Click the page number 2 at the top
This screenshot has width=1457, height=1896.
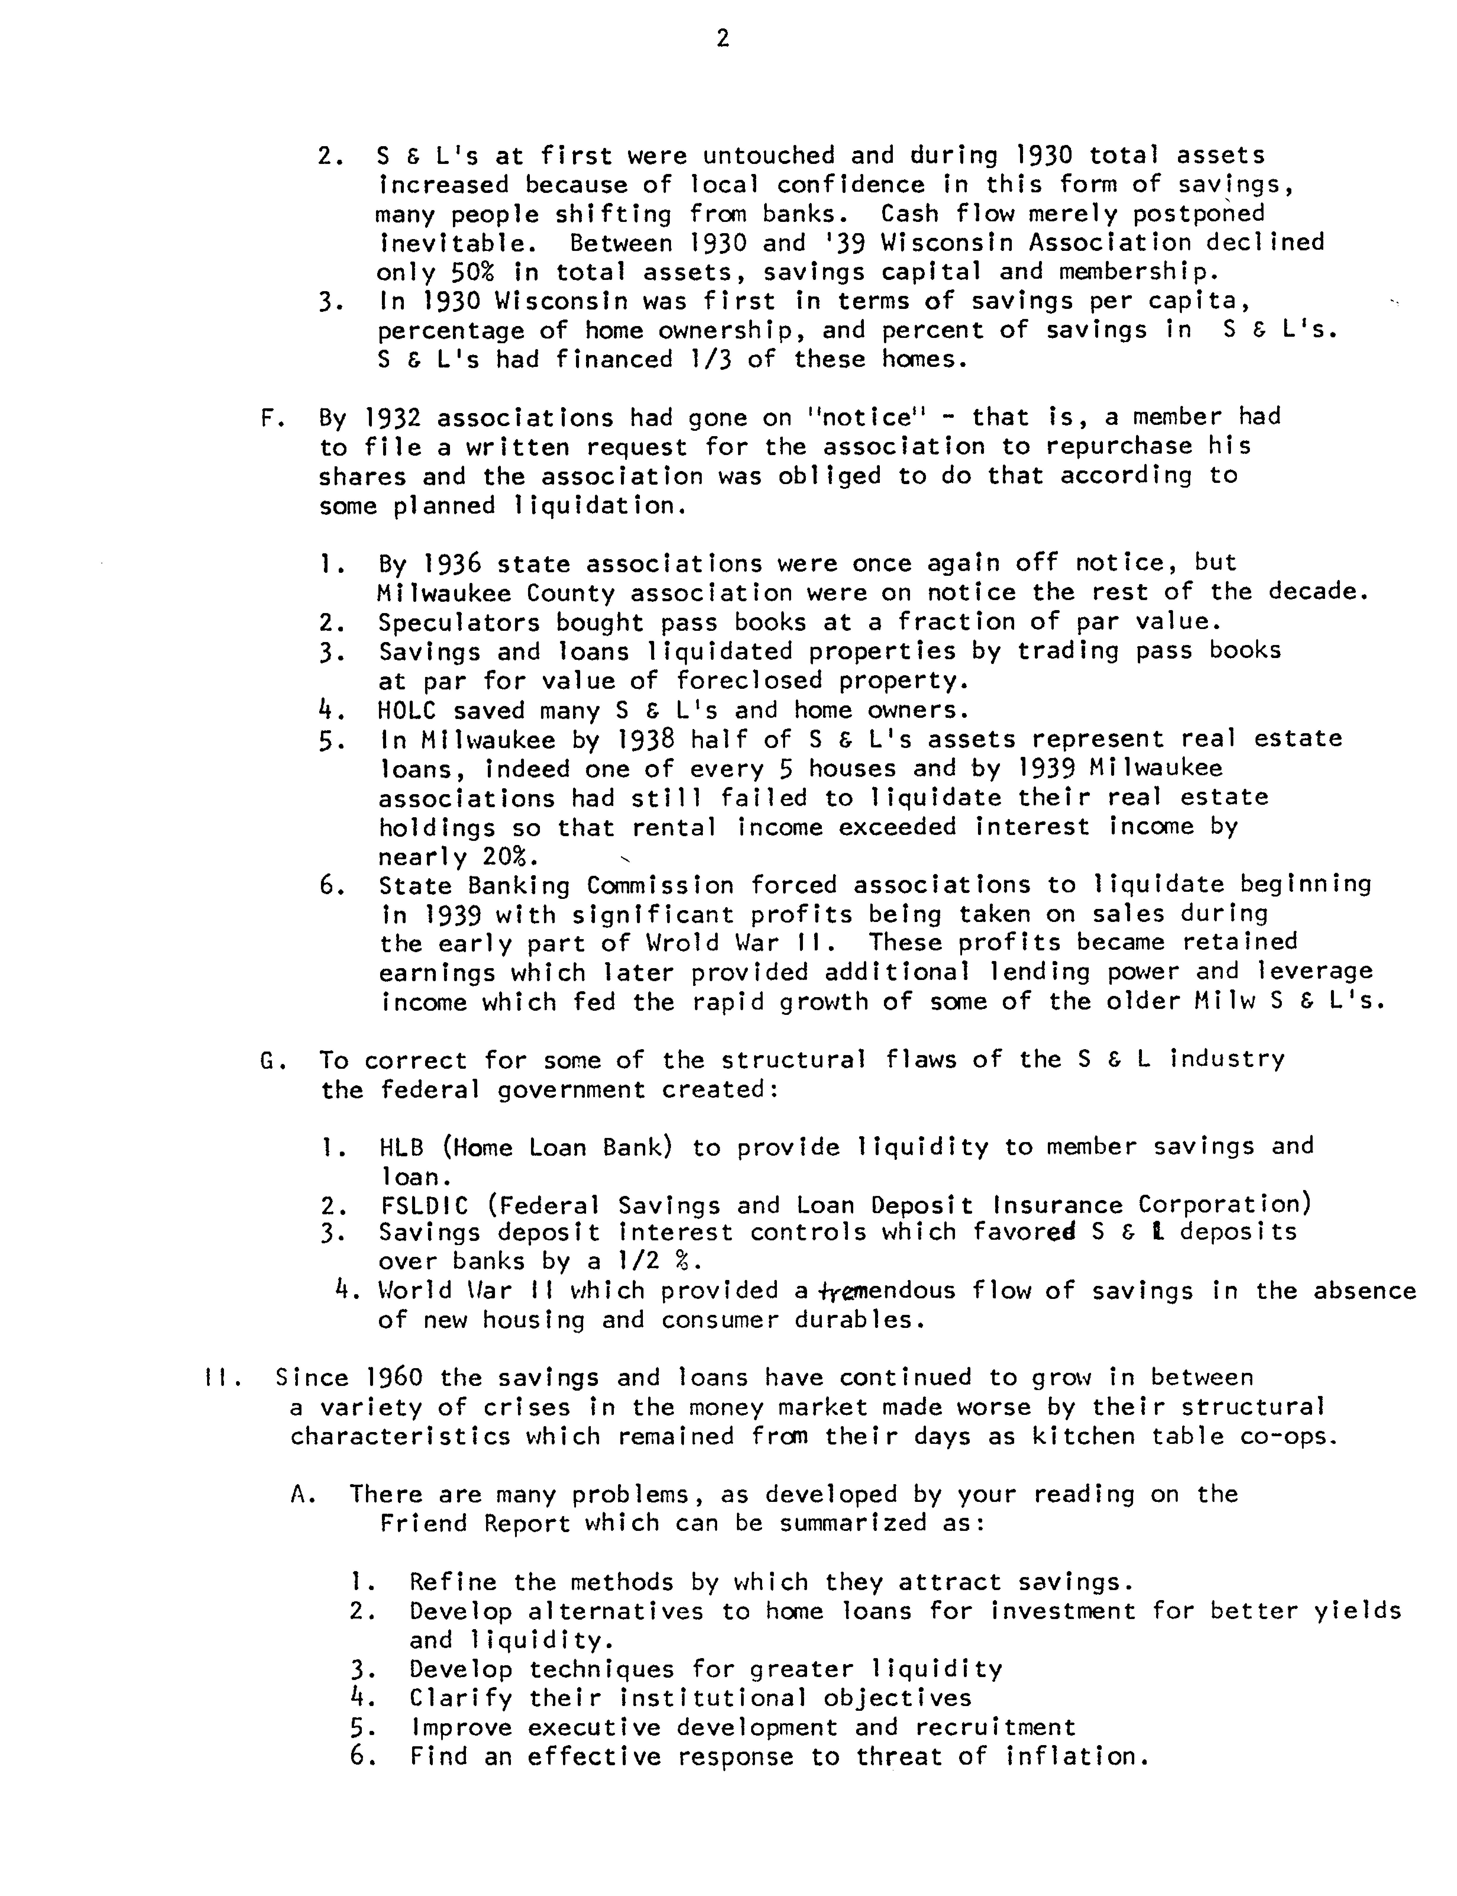723,38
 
